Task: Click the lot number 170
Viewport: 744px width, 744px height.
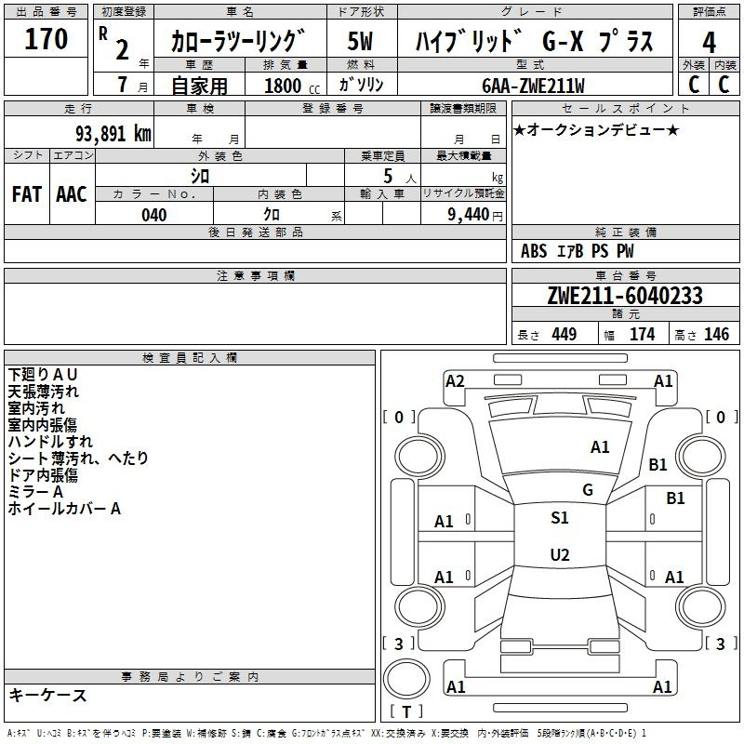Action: pyautogui.click(x=46, y=39)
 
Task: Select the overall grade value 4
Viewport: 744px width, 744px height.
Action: pyautogui.click(x=709, y=43)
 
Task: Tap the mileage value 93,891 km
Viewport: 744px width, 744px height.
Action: pyautogui.click(x=113, y=134)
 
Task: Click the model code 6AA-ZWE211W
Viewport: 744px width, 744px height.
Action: pyautogui.click(x=533, y=86)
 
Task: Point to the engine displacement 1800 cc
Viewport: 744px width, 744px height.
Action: pyautogui.click(x=292, y=86)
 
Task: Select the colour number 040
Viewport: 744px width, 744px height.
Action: pyautogui.click(x=154, y=215)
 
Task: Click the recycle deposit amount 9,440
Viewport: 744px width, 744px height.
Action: pyautogui.click(x=468, y=215)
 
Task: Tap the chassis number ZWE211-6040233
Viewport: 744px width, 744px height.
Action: pyautogui.click(x=625, y=296)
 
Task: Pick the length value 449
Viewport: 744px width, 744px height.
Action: pyautogui.click(x=565, y=334)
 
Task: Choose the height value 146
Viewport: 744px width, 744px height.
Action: pyautogui.click(x=716, y=334)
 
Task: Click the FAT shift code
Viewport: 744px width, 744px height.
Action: pyautogui.click(x=27, y=194)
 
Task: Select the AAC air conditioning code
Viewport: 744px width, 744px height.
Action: pyautogui.click(x=72, y=194)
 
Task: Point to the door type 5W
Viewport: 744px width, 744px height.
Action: pyautogui.click(x=360, y=41)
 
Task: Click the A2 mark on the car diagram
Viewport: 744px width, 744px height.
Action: pyautogui.click(x=455, y=381)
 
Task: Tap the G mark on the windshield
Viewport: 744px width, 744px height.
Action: pyautogui.click(x=588, y=490)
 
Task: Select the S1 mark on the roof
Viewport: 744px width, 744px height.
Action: pyautogui.click(x=560, y=518)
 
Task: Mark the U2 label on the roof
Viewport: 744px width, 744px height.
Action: pyautogui.click(x=560, y=554)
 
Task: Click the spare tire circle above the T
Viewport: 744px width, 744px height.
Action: pyautogui.click(x=406, y=679)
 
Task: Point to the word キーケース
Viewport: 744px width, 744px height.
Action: pyautogui.click(x=48, y=695)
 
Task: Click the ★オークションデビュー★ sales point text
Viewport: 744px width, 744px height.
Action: pyautogui.click(x=596, y=129)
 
